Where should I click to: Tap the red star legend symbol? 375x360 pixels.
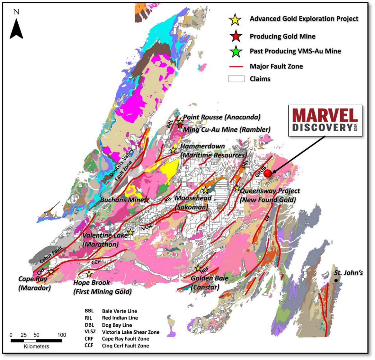pos(236,37)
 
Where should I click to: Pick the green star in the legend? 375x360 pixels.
pos(236,51)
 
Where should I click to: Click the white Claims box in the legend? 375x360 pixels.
pos(236,79)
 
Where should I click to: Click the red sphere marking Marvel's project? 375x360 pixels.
pos(268,173)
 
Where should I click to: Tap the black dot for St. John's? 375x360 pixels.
pos(336,280)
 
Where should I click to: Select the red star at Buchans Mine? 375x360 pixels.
pos(146,200)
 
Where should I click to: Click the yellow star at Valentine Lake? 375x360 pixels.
pos(130,233)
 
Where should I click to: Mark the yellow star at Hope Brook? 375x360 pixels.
pos(89,274)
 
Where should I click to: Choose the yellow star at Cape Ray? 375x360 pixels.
pos(51,272)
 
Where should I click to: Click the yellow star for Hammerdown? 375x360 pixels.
pos(173,150)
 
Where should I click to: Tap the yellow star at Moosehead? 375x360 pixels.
pos(205,190)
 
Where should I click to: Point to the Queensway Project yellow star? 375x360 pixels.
pos(237,188)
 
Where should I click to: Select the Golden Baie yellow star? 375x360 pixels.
pos(198,268)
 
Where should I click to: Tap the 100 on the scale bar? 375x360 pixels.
pos(61,335)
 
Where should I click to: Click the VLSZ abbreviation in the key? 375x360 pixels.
pos(90,332)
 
